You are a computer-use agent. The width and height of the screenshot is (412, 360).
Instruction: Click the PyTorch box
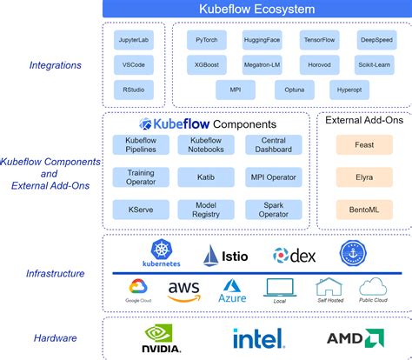tap(207, 40)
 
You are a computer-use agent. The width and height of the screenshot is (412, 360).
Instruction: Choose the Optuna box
tap(295, 90)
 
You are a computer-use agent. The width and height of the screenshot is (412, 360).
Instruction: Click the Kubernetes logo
tap(163, 254)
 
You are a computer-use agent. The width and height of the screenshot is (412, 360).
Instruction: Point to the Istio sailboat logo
tap(213, 256)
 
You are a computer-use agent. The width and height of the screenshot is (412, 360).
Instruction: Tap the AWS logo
tap(184, 290)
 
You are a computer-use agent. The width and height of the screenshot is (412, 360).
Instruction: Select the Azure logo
tap(233, 290)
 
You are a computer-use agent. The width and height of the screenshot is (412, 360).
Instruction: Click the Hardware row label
tap(55, 338)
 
